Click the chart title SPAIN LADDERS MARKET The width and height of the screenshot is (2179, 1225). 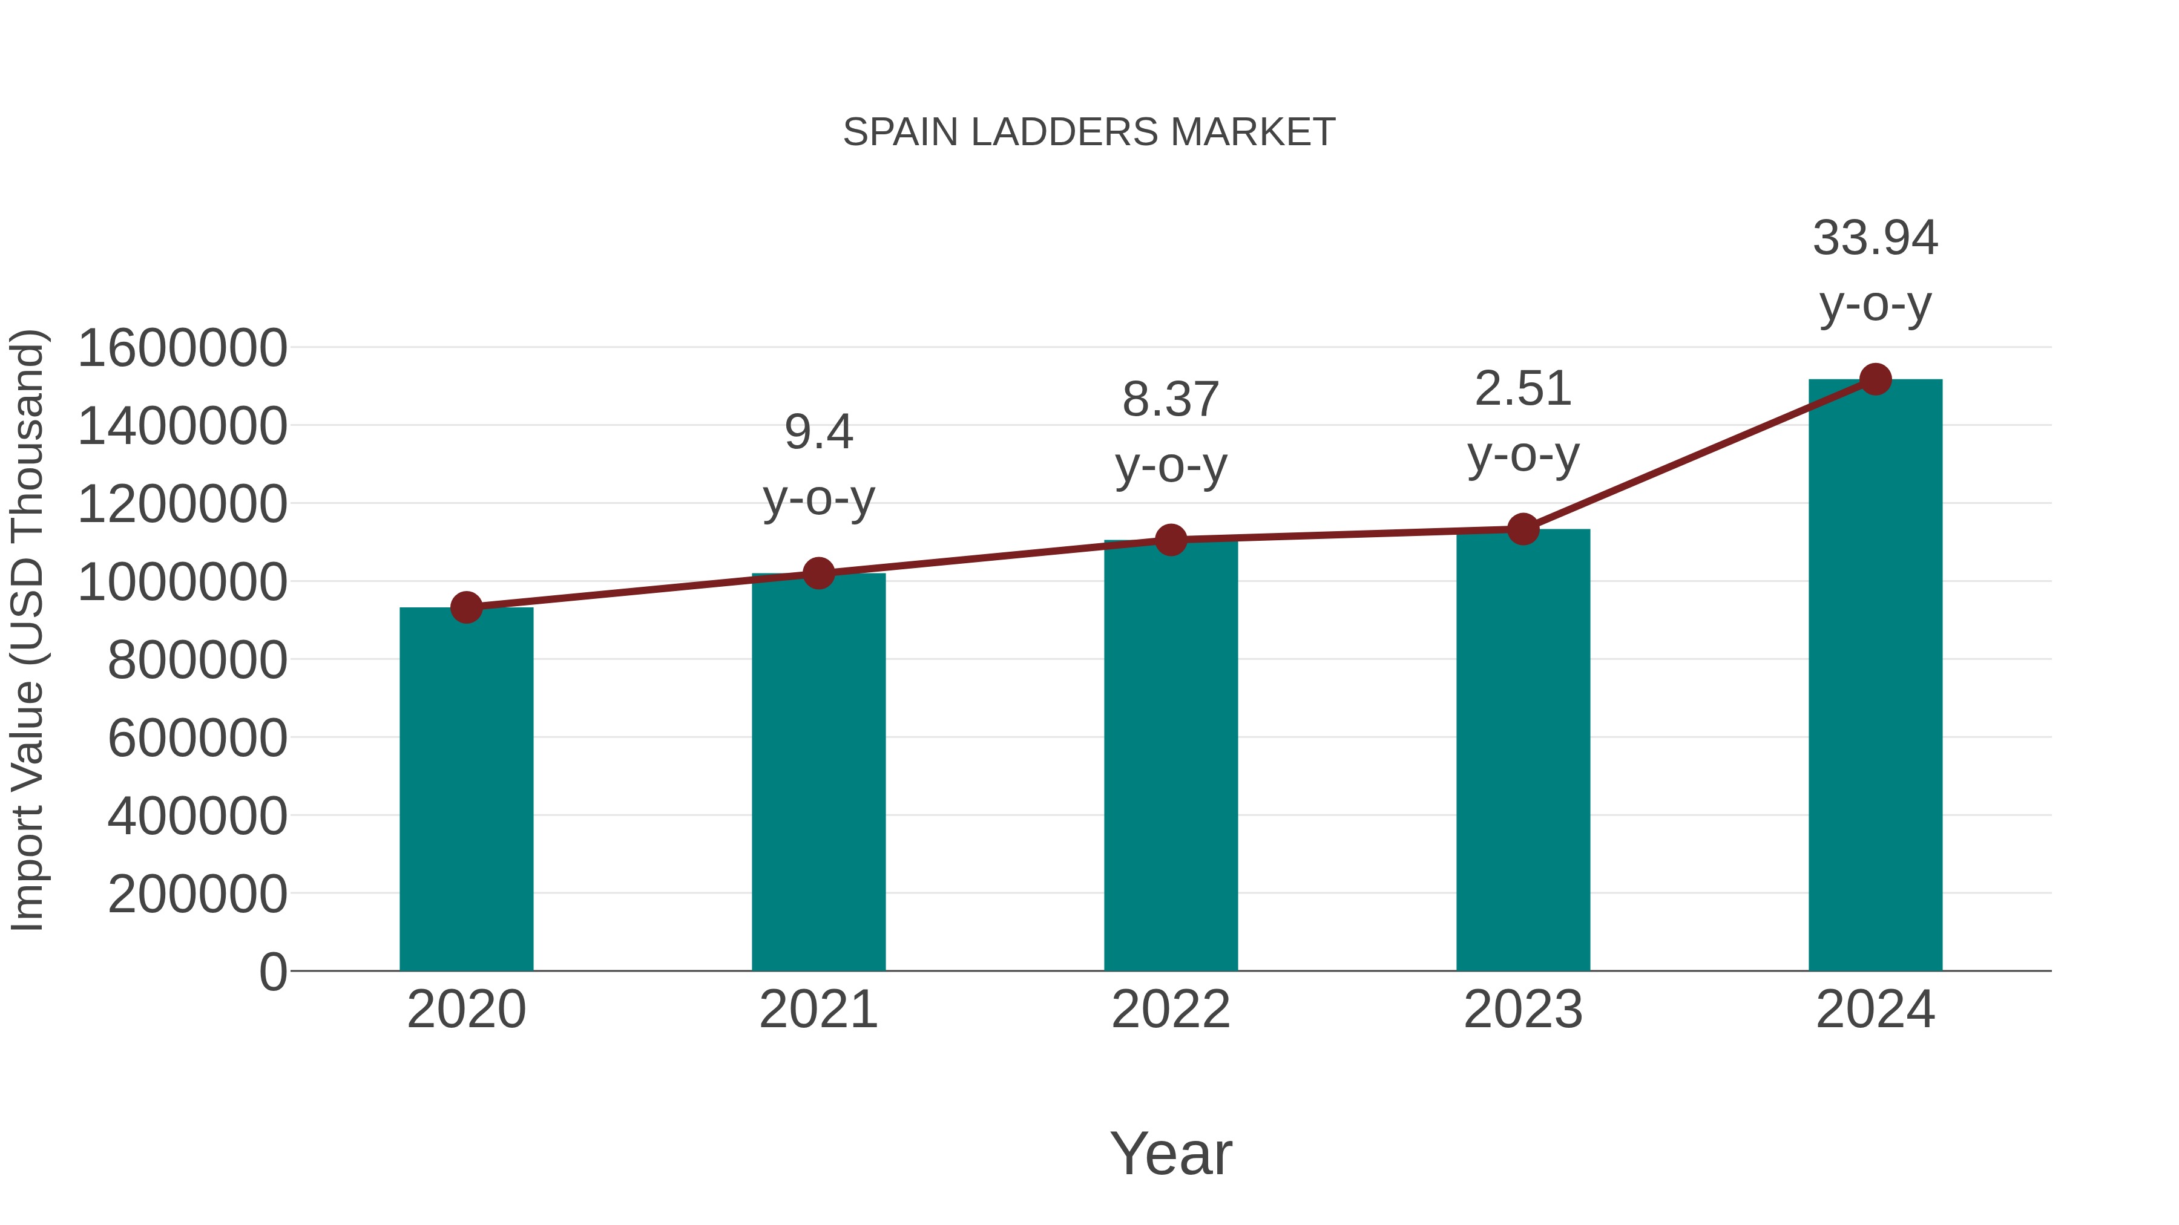(x=1089, y=132)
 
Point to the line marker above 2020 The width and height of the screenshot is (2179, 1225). (x=466, y=607)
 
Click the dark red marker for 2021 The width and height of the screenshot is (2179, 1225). (x=818, y=573)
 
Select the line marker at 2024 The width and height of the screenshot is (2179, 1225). (x=1875, y=379)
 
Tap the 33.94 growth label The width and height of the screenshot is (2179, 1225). (x=1875, y=238)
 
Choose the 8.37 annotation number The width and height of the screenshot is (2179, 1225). (x=1171, y=399)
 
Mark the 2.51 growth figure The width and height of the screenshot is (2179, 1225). (x=1523, y=389)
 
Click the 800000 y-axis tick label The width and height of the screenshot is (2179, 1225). (x=197, y=659)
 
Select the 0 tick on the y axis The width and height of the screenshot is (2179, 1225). (x=272, y=972)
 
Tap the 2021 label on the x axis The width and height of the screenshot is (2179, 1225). (x=818, y=1010)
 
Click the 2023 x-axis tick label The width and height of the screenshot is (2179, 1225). (x=1523, y=1010)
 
